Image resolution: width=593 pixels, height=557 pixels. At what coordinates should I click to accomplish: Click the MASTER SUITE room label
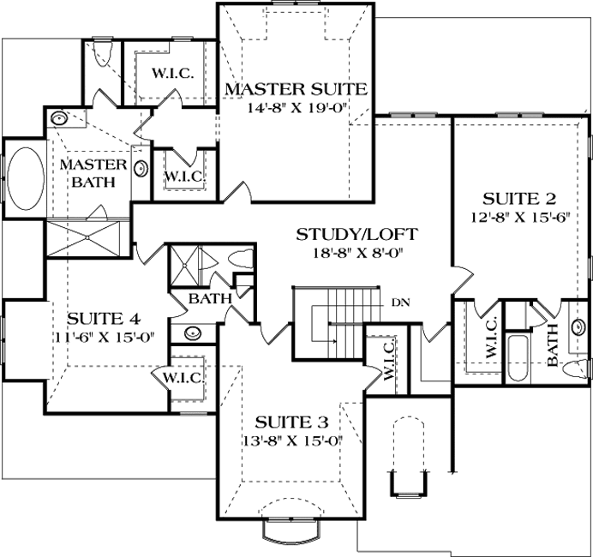[296, 89]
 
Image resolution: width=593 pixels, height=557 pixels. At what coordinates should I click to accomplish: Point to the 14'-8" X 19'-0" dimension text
[296, 109]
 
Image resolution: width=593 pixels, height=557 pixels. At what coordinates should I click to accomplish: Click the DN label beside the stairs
[400, 302]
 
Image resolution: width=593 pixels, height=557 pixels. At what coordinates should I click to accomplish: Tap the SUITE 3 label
[291, 422]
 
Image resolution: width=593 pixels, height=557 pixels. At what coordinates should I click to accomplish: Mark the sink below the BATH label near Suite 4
[191, 332]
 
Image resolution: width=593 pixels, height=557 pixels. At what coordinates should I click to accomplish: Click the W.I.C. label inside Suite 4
[178, 378]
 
